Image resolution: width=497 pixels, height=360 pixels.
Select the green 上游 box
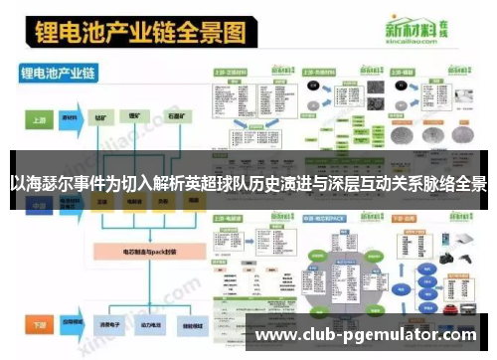[39, 118]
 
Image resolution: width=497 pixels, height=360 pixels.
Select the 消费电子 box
[102, 324]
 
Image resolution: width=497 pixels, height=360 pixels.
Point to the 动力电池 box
[140, 324]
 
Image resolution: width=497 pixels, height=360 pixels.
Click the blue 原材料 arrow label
[72, 118]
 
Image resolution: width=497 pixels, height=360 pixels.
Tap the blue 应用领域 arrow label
[72, 324]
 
